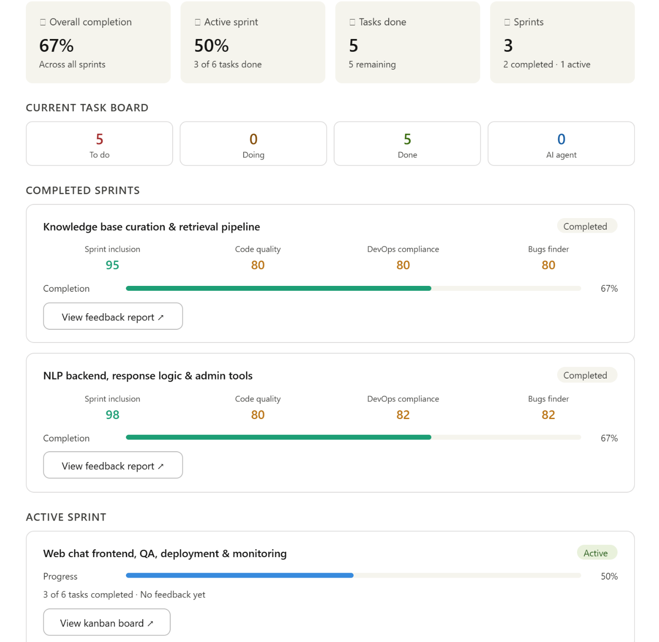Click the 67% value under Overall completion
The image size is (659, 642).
pyautogui.click(x=56, y=45)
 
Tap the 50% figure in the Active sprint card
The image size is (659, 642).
pyautogui.click(x=211, y=45)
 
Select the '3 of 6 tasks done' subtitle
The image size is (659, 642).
pyautogui.click(x=228, y=64)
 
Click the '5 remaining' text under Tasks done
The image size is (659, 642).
pyautogui.click(x=372, y=64)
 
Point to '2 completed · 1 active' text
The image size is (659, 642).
pyautogui.click(x=547, y=64)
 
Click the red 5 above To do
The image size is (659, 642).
pyautogui.click(x=99, y=139)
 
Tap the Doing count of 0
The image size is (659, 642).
pyautogui.click(x=253, y=139)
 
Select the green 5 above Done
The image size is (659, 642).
pyautogui.click(x=407, y=139)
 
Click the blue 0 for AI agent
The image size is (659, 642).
pyautogui.click(x=561, y=139)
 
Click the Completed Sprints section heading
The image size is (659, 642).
pyautogui.click(x=82, y=190)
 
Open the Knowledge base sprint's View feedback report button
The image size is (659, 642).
pyautogui.click(x=113, y=316)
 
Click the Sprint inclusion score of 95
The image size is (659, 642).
pyautogui.click(x=112, y=265)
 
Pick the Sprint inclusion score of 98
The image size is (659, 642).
pyautogui.click(x=112, y=415)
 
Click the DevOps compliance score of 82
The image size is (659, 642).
pyautogui.click(x=403, y=415)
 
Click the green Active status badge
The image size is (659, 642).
pyautogui.click(x=597, y=553)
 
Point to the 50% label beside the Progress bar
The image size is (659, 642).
pyautogui.click(x=609, y=576)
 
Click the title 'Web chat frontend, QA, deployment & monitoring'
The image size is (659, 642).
pyautogui.click(x=165, y=553)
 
